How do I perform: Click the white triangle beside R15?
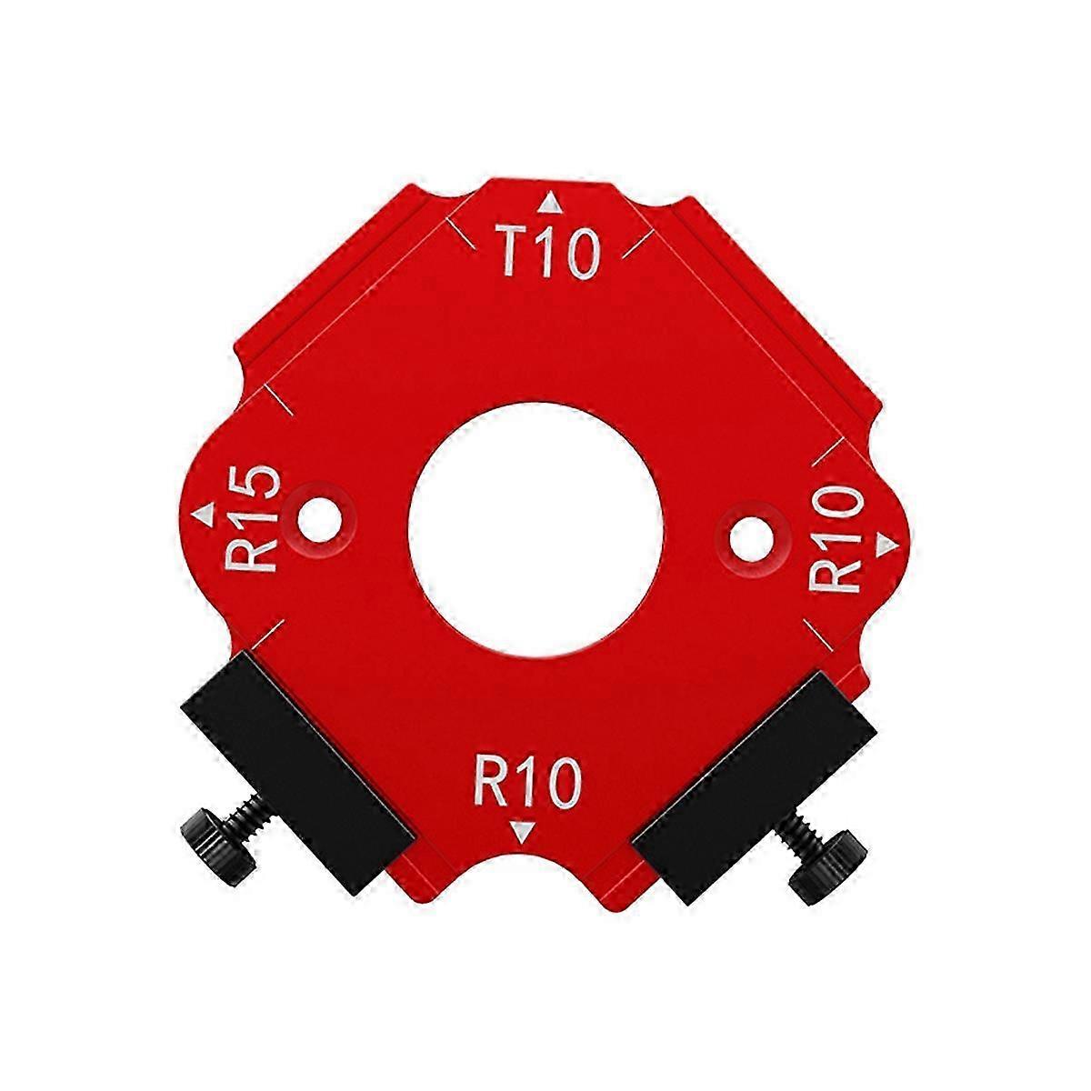204,514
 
